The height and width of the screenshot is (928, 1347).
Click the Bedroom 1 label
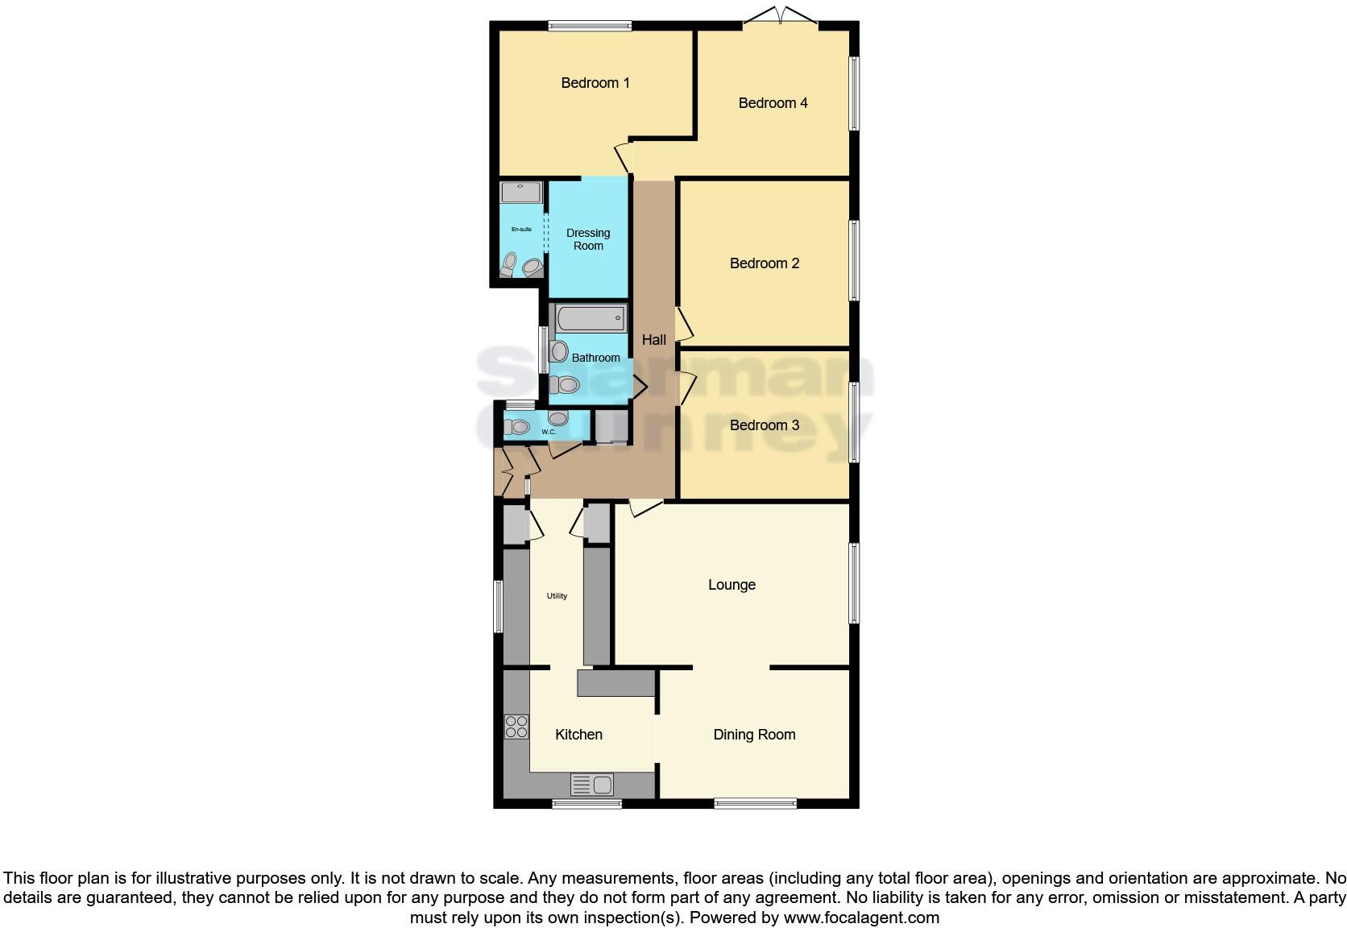[x=595, y=83]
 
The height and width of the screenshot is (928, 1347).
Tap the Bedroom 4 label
[x=773, y=103]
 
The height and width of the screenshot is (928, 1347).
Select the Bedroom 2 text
[x=764, y=263]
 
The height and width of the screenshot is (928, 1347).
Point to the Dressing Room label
[x=588, y=239]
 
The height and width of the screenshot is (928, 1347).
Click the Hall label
[x=653, y=340]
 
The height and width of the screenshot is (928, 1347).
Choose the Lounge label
[x=732, y=585]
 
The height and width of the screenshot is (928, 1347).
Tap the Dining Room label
[x=754, y=735]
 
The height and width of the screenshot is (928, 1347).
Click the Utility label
[x=557, y=596]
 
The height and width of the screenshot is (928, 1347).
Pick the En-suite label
[x=521, y=230]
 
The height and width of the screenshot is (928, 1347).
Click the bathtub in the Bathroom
[x=591, y=318]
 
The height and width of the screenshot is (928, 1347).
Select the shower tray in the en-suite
[x=521, y=193]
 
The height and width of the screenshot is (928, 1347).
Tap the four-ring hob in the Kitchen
[x=516, y=727]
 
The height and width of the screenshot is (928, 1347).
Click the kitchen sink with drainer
[x=592, y=784]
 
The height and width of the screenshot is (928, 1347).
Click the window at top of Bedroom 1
[x=590, y=26]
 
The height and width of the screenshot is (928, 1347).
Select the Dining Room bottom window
[x=755, y=802]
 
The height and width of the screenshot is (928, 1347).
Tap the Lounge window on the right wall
[x=854, y=583]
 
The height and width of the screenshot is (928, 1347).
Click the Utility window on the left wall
[x=499, y=606]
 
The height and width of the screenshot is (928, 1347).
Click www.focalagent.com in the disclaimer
[x=861, y=918]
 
